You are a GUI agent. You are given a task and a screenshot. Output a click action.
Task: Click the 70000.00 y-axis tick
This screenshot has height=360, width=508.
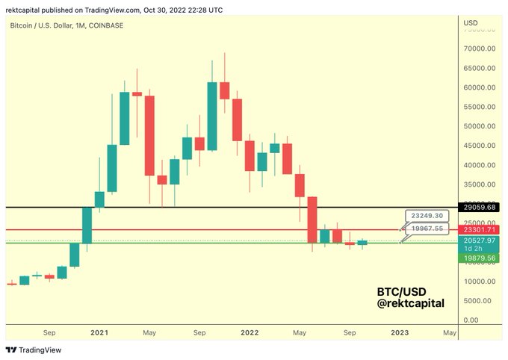[x=480, y=49]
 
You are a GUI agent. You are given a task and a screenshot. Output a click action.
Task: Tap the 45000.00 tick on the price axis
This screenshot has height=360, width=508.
[x=480, y=146]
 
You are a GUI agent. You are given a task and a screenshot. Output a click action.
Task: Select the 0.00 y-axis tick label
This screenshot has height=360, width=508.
[x=471, y=320]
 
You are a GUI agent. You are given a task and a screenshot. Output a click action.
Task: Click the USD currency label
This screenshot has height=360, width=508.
[x=471, y=23]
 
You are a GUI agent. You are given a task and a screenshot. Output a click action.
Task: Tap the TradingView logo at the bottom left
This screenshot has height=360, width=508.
[x=34, y=350]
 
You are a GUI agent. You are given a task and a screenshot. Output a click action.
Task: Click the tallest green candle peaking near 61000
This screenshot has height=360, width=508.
[x=212, y=116]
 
